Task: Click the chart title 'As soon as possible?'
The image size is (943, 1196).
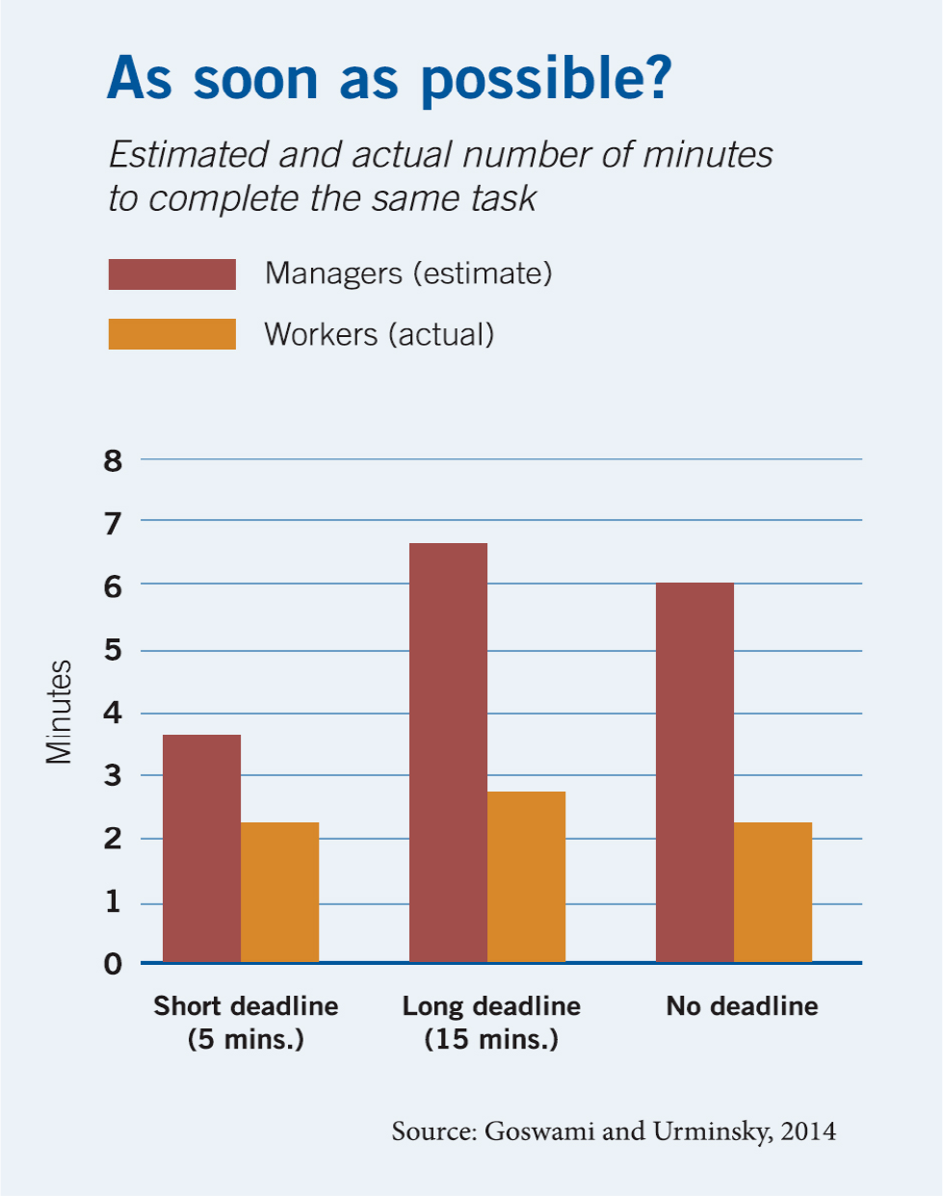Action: (388, 78)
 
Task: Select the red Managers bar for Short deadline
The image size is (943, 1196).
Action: (201, 848)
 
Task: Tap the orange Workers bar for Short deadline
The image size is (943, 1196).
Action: (279, 892)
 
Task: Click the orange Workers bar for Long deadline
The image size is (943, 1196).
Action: (526, 876)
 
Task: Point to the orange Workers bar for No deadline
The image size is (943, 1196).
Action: (773, 892)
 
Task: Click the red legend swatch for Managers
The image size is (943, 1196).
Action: (171, 274)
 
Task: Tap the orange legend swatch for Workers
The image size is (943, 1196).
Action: (171, 334)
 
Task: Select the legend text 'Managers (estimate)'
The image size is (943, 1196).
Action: (408, 273)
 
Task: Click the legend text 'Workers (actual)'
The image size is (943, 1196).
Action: (379, 334)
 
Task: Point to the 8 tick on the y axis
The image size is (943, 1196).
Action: (114, 461)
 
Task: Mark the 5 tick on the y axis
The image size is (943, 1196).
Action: (114, 650)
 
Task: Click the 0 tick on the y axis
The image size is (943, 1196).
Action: (114, 964)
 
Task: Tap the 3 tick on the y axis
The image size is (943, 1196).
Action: (114, 775)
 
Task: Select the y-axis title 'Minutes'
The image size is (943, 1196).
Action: (59, 712)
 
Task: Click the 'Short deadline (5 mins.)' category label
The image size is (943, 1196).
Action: (246, 1023)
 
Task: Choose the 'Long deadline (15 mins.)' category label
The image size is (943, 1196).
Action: (491, 1023)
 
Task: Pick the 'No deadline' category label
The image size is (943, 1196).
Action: (742, 1006)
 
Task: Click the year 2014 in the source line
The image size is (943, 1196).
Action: (808, 1131)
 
